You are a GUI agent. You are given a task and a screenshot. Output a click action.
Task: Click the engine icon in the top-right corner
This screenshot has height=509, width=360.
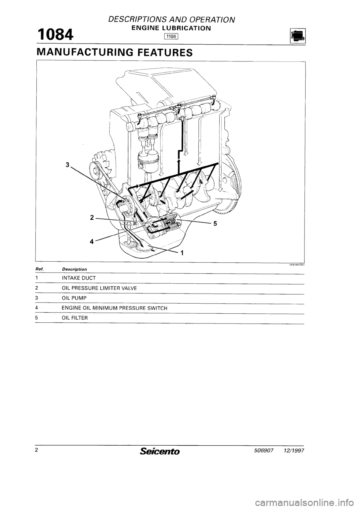[298, 36]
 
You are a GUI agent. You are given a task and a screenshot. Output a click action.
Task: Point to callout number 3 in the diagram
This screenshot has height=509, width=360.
[67, 165]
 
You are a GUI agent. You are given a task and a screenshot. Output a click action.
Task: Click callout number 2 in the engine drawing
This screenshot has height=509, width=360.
[91, 217]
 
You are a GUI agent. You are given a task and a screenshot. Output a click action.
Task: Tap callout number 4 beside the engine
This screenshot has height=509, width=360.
[91, 241]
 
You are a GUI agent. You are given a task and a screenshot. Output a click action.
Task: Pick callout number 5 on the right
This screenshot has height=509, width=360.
[215, 224]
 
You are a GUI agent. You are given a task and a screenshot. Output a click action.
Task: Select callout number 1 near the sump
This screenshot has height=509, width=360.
[182, 253]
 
